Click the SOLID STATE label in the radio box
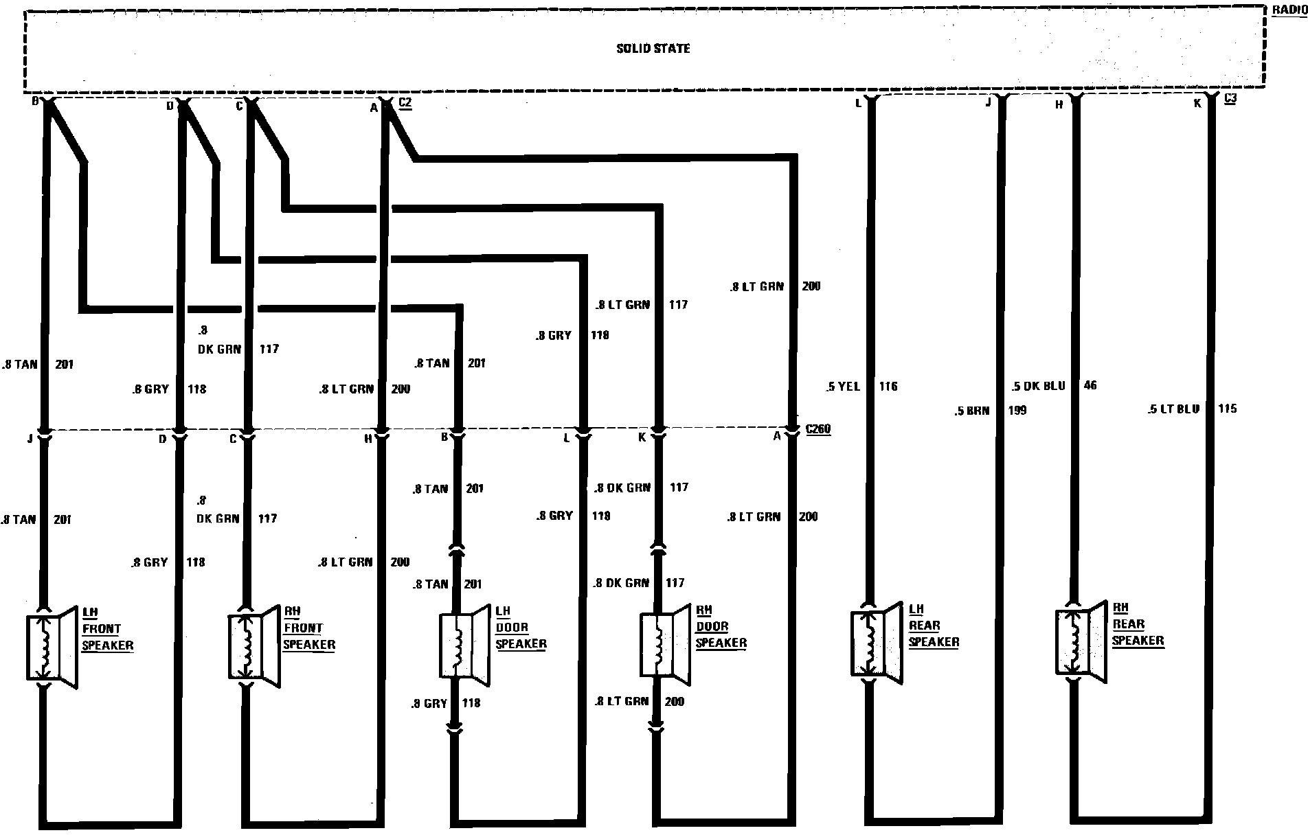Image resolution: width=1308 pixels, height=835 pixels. [x=653, y=49]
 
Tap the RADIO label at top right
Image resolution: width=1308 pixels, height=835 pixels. [x=1289, y=10]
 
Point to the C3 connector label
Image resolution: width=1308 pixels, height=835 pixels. [x=1230, y=98]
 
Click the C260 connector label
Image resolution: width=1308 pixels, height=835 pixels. [x=817, y=430]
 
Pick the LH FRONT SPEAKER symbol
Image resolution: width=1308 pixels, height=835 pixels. [x=51, y=648]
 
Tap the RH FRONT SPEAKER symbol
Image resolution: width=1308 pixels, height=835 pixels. [x=252, y=646]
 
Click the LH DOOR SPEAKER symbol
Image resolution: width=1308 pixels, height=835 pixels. [x=463, y=645]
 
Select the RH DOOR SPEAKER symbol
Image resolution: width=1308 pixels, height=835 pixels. [x=664, y=645]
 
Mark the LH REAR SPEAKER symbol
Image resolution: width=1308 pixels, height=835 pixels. [x=877, y=643]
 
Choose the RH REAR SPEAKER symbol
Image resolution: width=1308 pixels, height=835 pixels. [x=1080, y=642]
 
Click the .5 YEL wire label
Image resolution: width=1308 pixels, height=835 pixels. [x=843, y=387]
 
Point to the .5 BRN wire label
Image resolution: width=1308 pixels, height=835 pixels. [x=972, y=411]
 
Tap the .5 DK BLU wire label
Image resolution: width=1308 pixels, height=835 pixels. [x=1038, y=386]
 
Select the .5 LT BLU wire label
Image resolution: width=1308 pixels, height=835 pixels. [x=1173, y=409]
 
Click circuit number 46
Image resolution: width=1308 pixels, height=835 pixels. [x=1090, y=386]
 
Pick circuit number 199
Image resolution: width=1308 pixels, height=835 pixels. [x=1017, y=411]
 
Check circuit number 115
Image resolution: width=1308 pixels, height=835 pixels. [x=1227, y=409]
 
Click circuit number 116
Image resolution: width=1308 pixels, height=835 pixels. [x=888, y=387]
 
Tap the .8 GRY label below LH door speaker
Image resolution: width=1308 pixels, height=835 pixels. [x=429, y=703]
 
